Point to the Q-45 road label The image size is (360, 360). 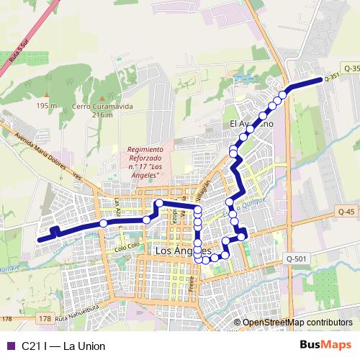346,212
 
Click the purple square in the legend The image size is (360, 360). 9,346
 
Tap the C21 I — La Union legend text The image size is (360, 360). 63,346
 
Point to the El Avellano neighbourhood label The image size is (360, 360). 251,124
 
